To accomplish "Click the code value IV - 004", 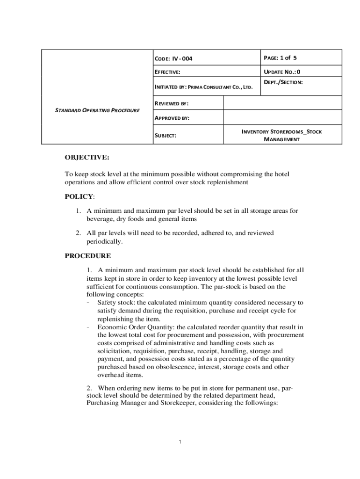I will tap(182, 59).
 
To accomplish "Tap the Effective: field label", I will tap(167, 72).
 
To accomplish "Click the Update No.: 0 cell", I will tap(282, 72).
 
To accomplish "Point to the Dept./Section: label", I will tap(283, 82).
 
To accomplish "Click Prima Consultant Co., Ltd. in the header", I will tap(220, 87).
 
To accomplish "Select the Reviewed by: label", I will tap(172, 103).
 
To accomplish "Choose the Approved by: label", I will tap(172, 118).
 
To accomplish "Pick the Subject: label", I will tap(165, 135).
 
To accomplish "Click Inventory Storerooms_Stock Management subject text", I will tap(281, 135).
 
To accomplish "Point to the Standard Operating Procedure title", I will tap(97, 110).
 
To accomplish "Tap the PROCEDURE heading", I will tap(88, 256).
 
